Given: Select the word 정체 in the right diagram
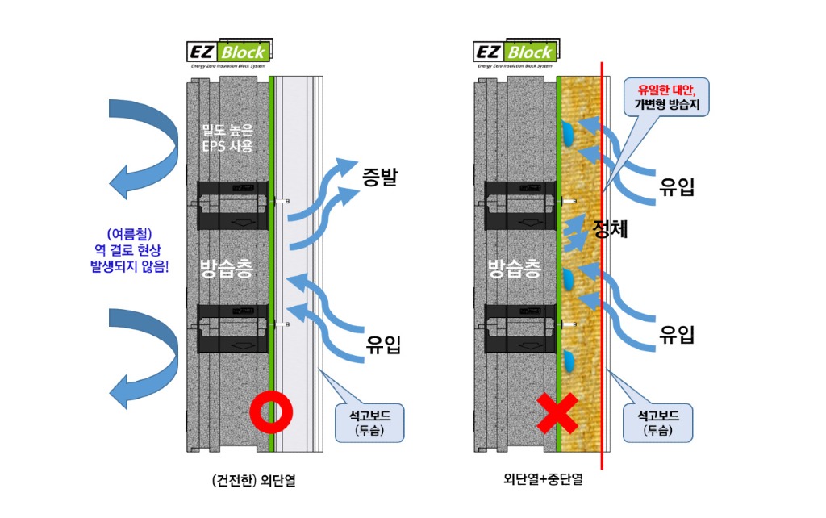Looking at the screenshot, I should pos(610,229).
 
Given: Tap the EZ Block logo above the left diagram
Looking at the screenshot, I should pos(229,53).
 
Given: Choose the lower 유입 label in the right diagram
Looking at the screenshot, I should pos(676,333).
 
